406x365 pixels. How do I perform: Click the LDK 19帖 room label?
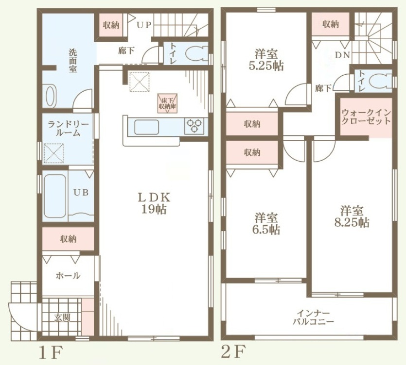click(154, 203)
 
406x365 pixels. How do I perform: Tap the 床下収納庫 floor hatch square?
click(168, 103)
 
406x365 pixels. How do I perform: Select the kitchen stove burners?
click(194, 126)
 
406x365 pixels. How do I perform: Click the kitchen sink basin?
click(146, 127)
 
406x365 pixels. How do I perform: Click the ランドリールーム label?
click(68, 129)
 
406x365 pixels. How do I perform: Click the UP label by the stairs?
click(144, 25)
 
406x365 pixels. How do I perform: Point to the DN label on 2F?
click(343, 55)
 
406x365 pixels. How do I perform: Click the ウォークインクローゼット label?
click(366, 117)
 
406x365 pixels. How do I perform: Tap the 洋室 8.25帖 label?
click(352, 216)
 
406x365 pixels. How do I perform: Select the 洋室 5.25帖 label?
click(266, 60)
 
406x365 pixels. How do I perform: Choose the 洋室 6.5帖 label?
click(266, 224)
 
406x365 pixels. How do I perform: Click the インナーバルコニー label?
click(313, 318)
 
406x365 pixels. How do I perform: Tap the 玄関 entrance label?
click(62, 317)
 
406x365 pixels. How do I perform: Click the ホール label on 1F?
click(68, 276)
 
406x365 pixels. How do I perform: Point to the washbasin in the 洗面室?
click(50, 96)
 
